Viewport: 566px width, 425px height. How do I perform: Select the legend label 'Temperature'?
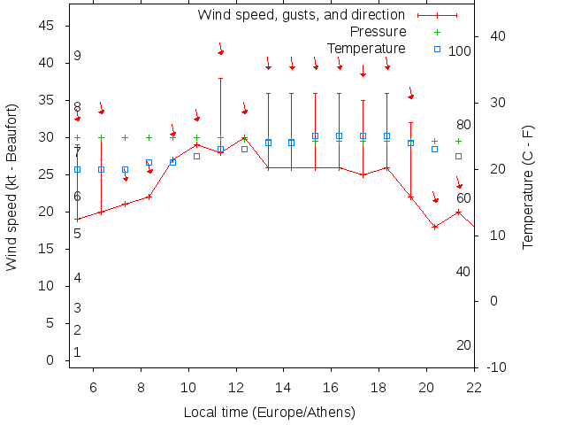point(366,49)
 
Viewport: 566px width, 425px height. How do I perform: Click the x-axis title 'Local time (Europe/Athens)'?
point(269,413)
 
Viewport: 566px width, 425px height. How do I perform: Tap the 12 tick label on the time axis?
point(236,387)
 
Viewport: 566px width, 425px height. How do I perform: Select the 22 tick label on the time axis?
point(474,387)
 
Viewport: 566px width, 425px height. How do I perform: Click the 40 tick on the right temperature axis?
point(497,36)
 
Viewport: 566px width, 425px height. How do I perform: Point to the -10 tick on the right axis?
point(496,367)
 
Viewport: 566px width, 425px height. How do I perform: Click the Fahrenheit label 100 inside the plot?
point(459,51)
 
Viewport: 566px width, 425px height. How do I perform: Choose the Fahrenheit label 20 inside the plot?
point(463,345)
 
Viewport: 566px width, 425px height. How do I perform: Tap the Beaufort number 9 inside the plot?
point(78,56)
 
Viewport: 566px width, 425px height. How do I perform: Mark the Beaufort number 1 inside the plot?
point(78,352)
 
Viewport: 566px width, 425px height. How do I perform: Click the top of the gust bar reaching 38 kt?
point(220,78)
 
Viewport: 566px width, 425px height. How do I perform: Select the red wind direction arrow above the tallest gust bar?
point(220,49)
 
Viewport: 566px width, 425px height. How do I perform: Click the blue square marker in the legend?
point(437,49)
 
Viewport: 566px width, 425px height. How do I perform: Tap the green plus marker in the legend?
point(437,32)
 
